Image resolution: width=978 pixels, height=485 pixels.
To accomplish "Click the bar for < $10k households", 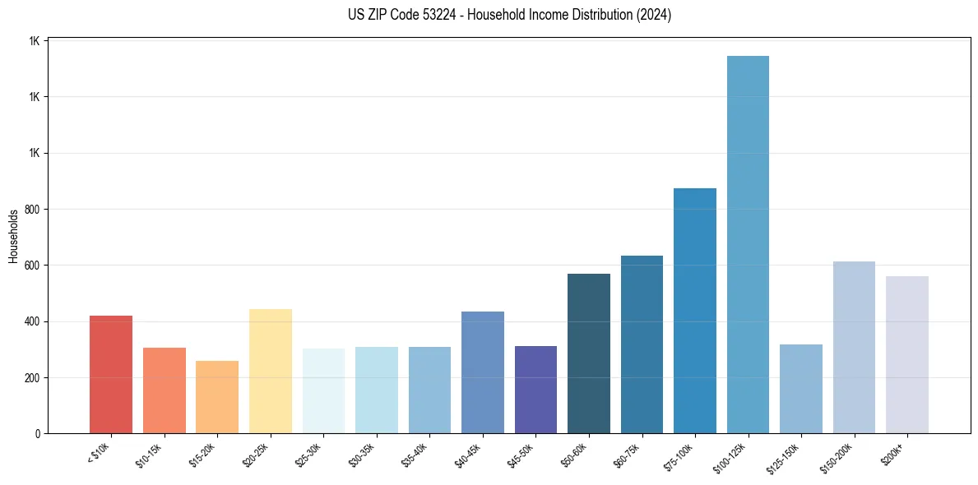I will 111,375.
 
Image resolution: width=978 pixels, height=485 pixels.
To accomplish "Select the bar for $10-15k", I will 164,390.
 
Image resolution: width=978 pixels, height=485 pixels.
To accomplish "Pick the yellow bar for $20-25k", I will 270,372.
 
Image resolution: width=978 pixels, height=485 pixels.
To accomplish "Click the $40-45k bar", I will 482,372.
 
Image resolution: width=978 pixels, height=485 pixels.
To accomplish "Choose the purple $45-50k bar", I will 535,390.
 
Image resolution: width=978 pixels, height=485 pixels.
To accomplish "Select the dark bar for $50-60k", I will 588,353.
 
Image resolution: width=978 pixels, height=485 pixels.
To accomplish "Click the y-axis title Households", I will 13,236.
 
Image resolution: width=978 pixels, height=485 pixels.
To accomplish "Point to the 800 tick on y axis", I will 34,210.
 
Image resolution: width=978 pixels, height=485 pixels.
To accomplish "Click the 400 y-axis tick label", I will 34,321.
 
